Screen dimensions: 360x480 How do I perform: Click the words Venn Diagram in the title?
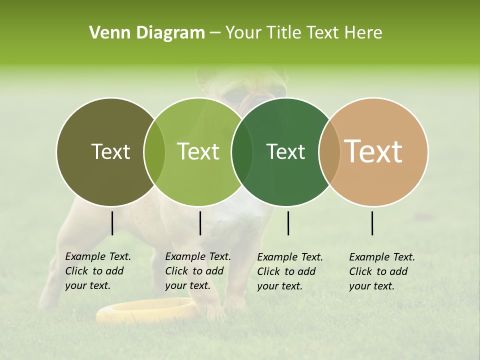tap(147, 33)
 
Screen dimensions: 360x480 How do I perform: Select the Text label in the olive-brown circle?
tap(111, 151)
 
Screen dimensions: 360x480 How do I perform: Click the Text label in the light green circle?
tap(198, 151)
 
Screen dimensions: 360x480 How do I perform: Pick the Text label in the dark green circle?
tap(285, 151)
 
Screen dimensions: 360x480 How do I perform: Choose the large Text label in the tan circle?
tap(373, 151)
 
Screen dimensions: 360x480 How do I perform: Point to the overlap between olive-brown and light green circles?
tap(154, 152)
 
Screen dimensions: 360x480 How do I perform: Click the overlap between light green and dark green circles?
tap(242, 152)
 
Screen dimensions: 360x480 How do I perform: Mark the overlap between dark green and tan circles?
tap(329, 152)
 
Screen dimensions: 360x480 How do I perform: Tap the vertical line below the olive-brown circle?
tap(112, 223)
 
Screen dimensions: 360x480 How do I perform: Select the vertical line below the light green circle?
tap(200, 223)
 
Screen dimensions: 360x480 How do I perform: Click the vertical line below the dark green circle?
tap(288, 223)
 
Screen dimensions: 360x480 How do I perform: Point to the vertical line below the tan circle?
tap(372, 223)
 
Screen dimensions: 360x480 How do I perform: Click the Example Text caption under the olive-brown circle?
tap(97, 271)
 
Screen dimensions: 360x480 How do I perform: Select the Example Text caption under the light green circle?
tap(197, 271)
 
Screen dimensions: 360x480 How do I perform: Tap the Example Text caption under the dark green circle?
tap(289, 271)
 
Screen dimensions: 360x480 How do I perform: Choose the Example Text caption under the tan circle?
tap(381, 271)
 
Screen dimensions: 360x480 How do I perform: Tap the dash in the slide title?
tap(215, 33)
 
